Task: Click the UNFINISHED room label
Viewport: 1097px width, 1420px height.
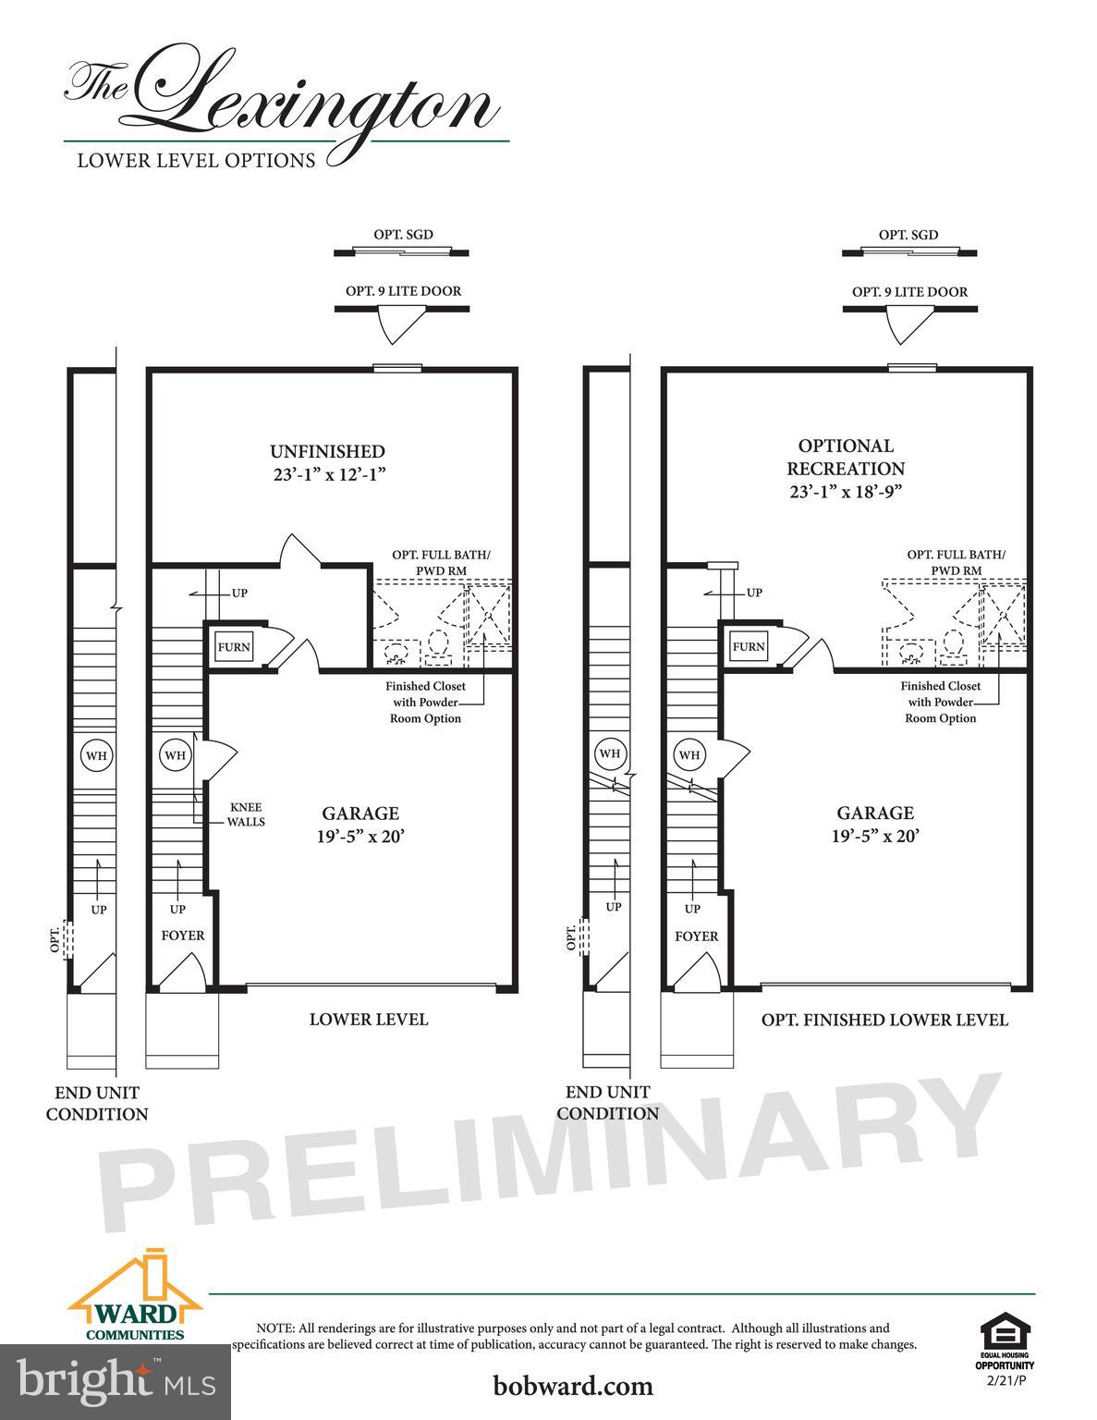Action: pos(327,452)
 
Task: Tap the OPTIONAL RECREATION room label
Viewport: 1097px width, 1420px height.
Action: pos(846,458)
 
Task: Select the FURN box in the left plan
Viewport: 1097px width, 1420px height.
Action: pos(234,647)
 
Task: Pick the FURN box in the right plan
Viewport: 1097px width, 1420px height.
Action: pos(749,646)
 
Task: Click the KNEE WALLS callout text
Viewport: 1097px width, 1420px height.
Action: pos(246,814)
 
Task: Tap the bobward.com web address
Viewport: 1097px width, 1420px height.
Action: pos(573,1386)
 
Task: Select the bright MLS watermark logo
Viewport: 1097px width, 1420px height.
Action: pos(116,1381)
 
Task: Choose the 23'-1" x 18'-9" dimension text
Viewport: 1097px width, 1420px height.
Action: pos(846,491)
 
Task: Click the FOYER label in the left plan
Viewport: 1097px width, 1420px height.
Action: pos(183,936)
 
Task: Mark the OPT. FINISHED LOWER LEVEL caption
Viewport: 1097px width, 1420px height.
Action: pos(884,1020)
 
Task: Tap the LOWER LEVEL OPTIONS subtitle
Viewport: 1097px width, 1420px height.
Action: pos(196,160)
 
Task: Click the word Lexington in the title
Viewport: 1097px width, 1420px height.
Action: pos(323,102)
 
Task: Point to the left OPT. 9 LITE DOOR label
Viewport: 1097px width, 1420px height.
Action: pos(403,290)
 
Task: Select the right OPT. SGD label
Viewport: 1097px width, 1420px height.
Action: pos(908,235)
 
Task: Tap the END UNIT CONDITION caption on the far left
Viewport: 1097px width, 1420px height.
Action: pos(97,1103)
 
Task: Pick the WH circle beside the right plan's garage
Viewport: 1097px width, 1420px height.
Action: pos(689,755)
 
